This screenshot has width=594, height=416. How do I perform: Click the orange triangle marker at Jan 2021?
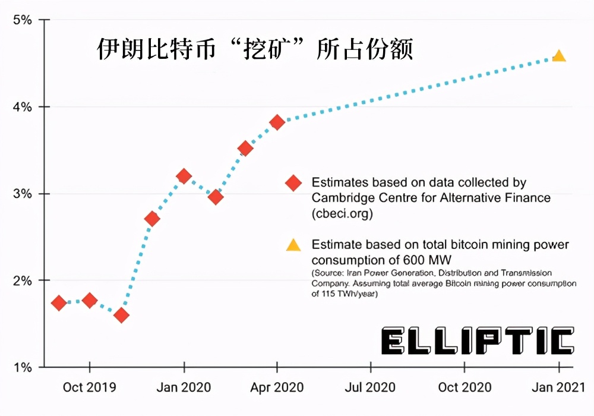(558, 56)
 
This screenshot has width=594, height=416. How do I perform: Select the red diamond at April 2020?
(277, 122)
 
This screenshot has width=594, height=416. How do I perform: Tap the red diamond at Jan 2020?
(184, 176)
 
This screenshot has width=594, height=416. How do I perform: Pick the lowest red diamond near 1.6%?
(121, 315)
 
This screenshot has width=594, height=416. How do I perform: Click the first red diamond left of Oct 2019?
(59, 303)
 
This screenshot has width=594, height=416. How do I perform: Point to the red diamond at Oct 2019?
(90, 300)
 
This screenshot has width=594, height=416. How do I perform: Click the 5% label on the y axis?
(22, 20)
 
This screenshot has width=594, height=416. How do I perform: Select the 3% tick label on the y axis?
(22, 194)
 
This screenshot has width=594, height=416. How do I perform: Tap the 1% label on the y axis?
(22, 367)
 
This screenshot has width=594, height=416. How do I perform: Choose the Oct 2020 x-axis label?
(465, 387)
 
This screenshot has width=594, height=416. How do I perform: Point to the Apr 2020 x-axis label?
(277, 387)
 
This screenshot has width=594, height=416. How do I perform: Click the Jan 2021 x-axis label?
(558, 387)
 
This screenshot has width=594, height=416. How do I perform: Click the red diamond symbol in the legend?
(293, 183)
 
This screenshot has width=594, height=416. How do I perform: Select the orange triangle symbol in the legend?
(293, 245)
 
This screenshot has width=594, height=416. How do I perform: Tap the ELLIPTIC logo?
(478, 342)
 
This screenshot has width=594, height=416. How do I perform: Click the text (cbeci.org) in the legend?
(342, 213)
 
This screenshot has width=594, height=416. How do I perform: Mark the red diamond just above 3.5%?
(245, 149)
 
